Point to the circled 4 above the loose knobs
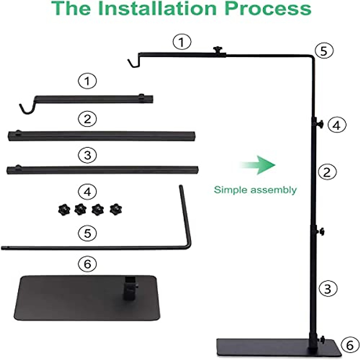click(x=87, y=191)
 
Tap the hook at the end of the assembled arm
click(x=132, y=63)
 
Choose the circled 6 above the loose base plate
click(x=87, y=264)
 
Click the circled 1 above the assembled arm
click(x=182, y=42)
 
